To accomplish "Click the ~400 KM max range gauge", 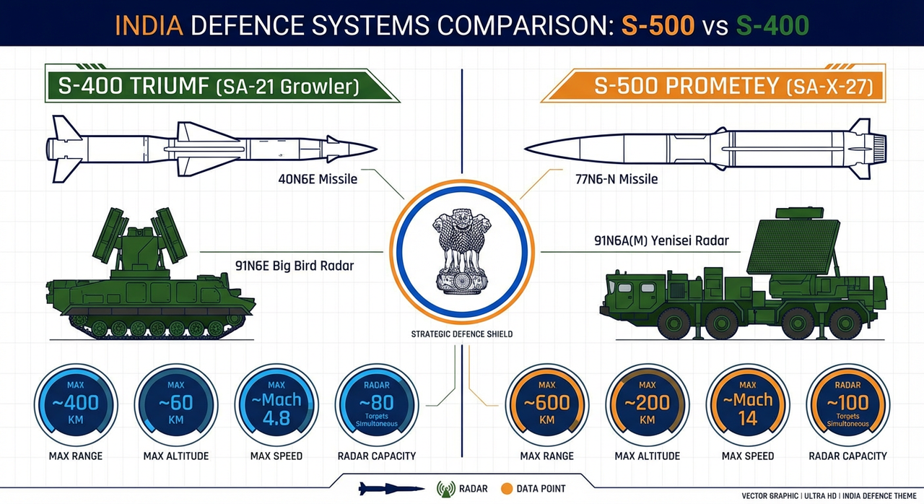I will (76, 405).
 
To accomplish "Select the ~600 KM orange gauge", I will (546, 405).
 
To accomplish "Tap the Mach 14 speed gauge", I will (748, 405).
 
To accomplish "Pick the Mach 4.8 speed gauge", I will (276, 405).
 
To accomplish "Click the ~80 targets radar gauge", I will (377, 405).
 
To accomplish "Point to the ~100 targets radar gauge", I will (848, 405).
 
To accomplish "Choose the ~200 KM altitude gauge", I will (647, 405).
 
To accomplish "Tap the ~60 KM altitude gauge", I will (176, 405).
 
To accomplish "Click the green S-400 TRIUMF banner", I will (220, 87).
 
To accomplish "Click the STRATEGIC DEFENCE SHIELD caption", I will (462, 334).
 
